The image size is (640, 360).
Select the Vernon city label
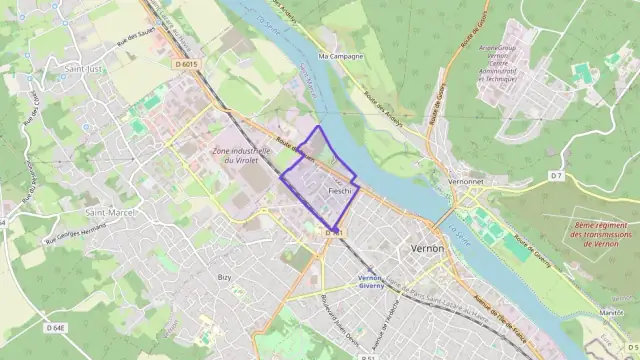427,247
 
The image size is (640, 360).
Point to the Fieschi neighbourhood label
340,190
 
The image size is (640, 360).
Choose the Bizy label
225,276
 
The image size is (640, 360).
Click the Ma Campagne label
338,57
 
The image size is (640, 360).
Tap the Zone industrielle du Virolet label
241,155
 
